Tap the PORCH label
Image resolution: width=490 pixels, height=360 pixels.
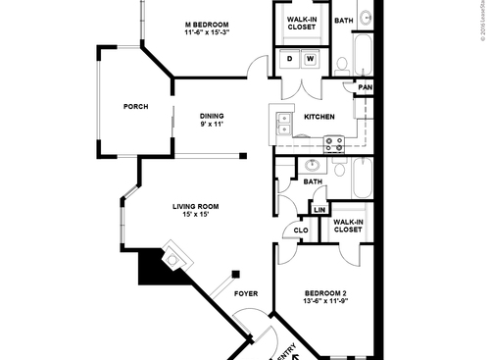tap(135, 107)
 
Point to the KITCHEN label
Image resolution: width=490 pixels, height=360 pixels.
tap(319, 118)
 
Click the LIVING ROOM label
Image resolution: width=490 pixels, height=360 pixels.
tap(195, 206)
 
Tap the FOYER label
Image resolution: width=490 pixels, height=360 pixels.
tap(246, 293)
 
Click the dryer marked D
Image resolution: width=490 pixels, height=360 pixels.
tap(290, 60)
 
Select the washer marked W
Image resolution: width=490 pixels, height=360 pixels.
tap(311, 60)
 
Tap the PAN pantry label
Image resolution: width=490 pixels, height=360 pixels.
tap(365, 88)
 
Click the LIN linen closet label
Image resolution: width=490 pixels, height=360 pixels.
tap(318, 210)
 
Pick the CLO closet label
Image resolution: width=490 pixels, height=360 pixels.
tap(299, 231)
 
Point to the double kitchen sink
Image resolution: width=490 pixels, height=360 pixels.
tap(283, 123)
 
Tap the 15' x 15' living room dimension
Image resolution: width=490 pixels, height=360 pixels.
tap(194, 215)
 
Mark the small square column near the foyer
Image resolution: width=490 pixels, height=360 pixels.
tap(235, 274)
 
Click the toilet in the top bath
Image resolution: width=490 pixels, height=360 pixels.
tap(342, 65)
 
